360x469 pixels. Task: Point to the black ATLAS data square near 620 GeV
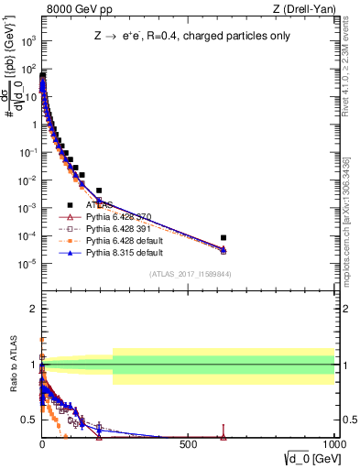tap(224, 237)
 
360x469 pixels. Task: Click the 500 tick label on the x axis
tap(188, 443)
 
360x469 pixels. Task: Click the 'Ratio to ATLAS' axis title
tap(12, 365)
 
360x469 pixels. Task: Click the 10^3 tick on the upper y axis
tap(27, 41)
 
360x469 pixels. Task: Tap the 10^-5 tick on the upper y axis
tap(27, 264)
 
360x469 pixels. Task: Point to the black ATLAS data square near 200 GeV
tap(99, 191)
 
